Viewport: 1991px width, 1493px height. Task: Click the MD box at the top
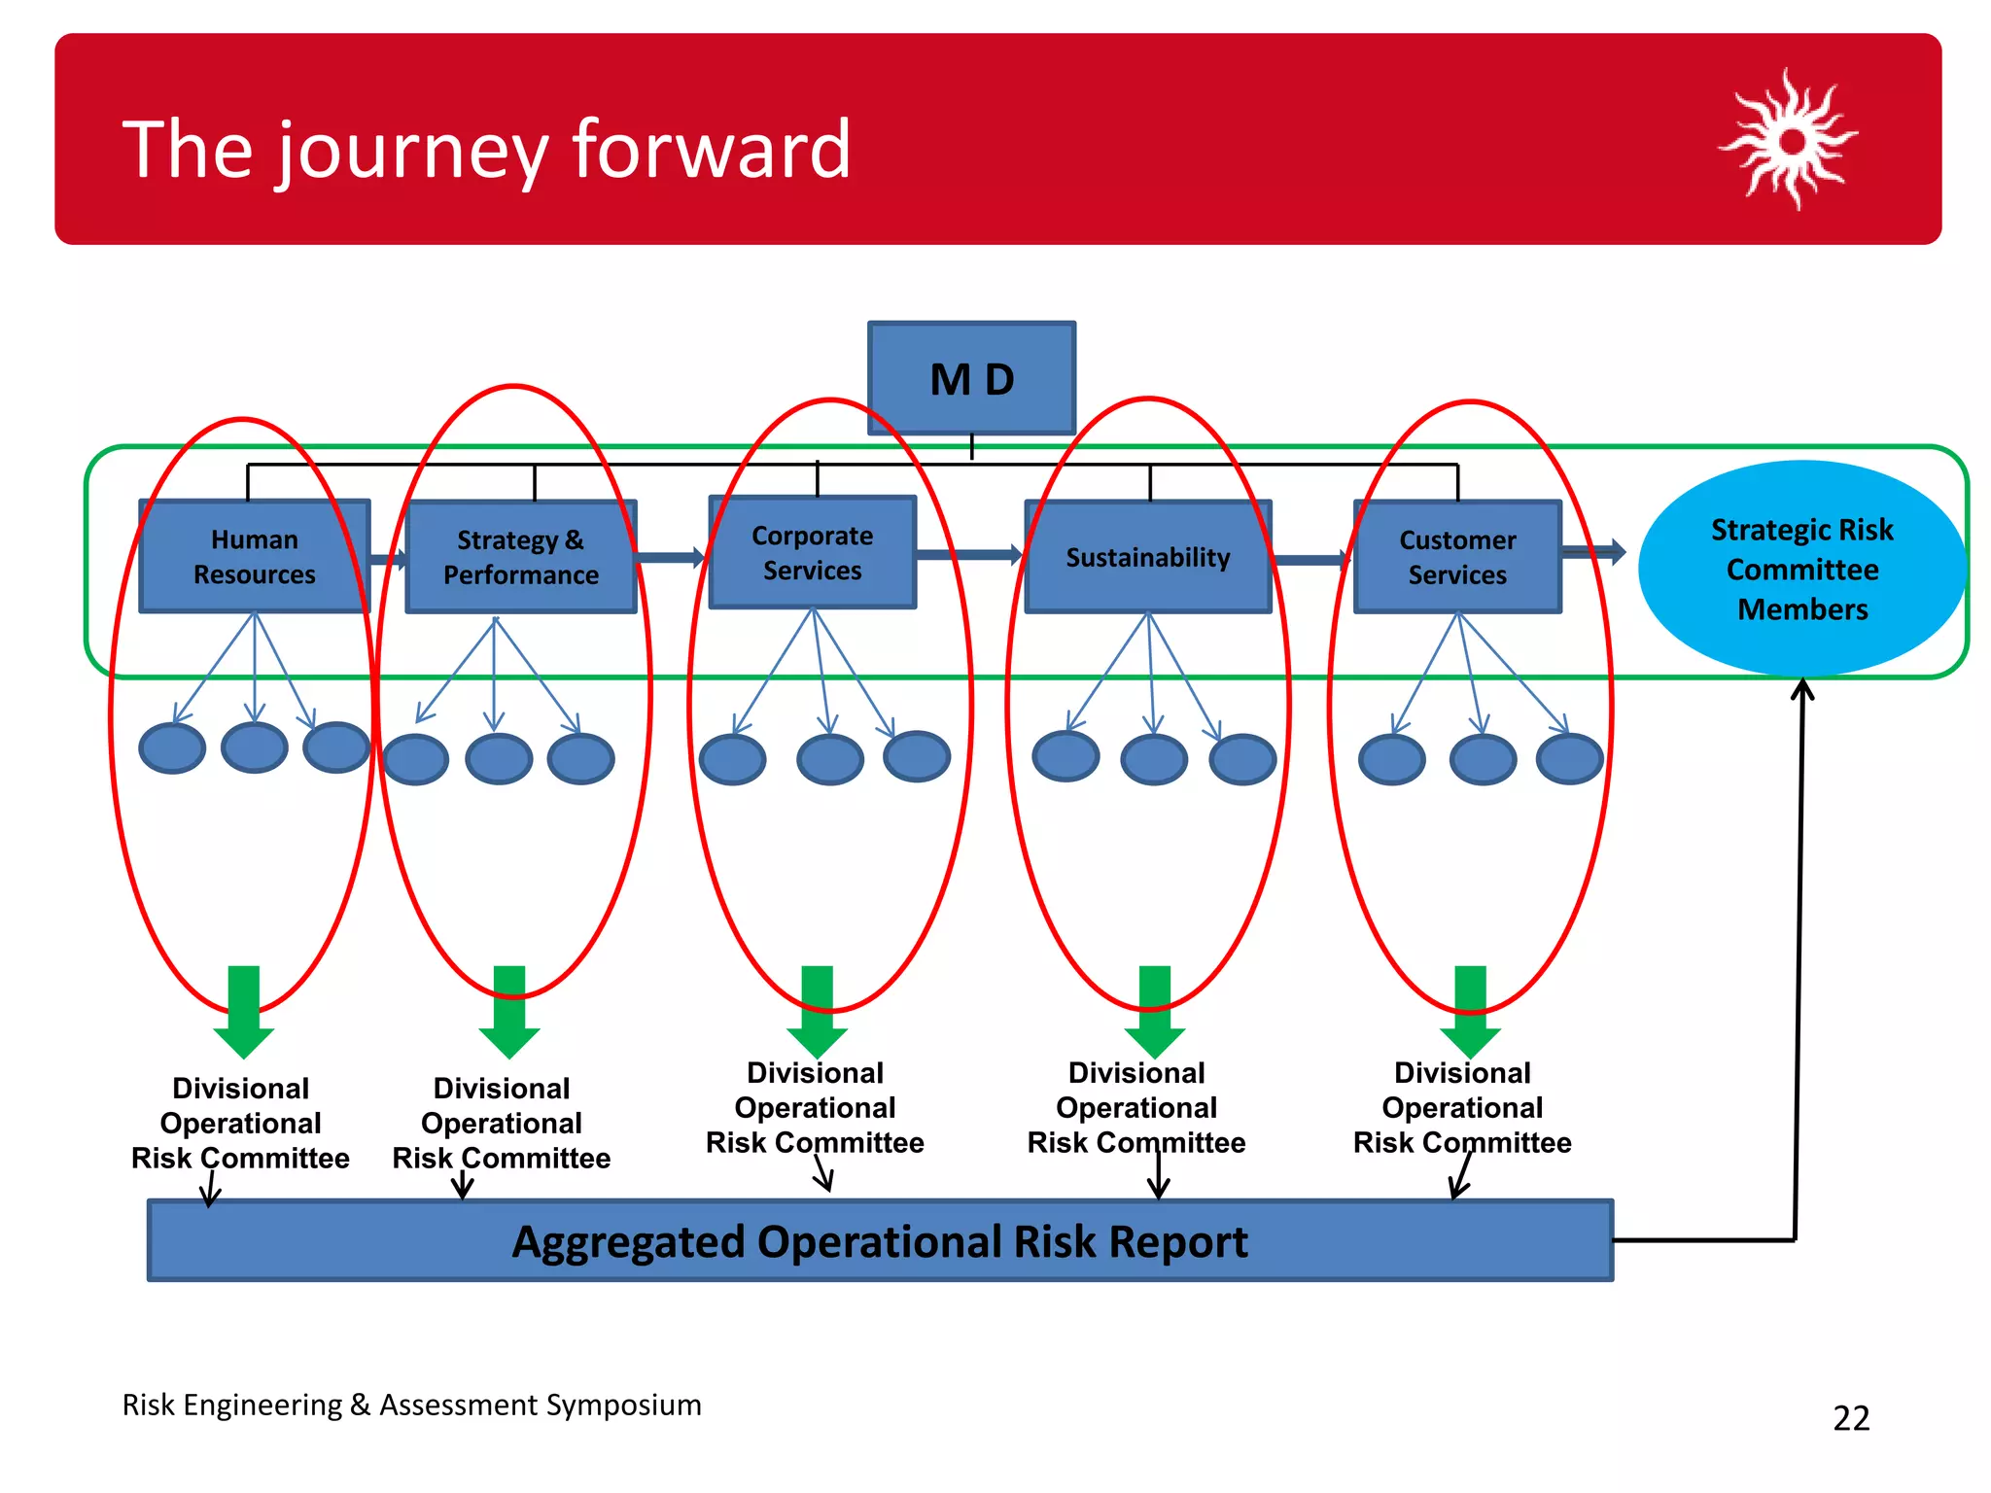pos(971,378)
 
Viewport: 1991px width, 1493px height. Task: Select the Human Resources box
pos(254,556)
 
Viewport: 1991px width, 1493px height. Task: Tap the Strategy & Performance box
pos(521,557)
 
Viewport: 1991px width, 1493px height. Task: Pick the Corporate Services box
pos(813,552)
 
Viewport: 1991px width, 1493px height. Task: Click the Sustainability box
pos(1148,557)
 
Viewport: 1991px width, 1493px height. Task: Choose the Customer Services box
pos(1457,557)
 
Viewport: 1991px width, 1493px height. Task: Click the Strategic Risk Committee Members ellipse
pos(1801,569)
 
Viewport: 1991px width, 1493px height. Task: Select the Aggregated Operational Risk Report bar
pos(880,1241)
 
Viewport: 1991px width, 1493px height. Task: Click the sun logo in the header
pos(1791,141)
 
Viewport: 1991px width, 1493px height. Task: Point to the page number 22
pos(1851,1418)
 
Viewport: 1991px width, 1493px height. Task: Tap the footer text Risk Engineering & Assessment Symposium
pos(411,1405)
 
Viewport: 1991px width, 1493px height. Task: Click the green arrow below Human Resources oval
pos(243,1012)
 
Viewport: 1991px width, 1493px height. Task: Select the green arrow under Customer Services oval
pos(1470,1012)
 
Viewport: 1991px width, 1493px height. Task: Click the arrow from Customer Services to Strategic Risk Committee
pos(1593,552)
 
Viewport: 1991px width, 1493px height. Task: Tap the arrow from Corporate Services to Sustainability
pos(969,555)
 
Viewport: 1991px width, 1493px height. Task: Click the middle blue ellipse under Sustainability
pos(1154,759)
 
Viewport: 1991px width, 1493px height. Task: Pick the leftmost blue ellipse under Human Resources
pos(172,748)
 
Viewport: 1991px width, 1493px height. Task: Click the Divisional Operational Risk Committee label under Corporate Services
pos(815,1107)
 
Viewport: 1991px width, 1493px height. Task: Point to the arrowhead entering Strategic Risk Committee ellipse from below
pos(1802,688)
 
